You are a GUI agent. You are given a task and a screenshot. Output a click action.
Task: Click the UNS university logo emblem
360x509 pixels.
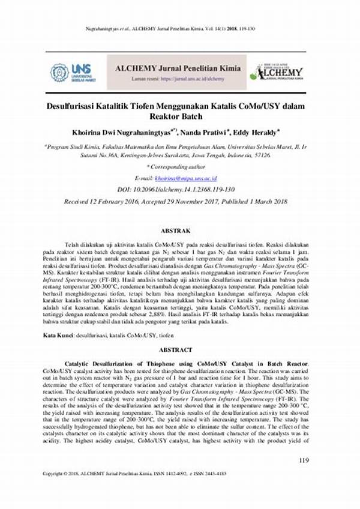(x=60, y=73)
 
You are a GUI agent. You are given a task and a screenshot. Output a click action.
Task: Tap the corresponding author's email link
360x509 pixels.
(x=186, y=178)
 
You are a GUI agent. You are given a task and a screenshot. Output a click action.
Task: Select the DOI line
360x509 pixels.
(x=179, y=190)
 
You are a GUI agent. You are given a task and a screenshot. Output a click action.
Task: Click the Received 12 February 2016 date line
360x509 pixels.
(x=179, y=202)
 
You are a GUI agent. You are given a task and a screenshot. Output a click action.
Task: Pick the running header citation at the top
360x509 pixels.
(x=180, y=29)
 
